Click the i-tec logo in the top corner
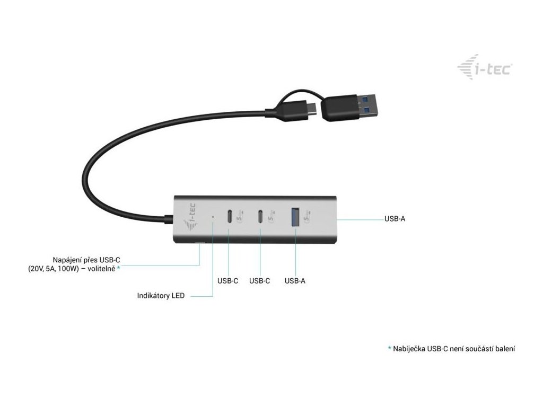[x=484, y=69]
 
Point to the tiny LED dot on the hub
[x=213, y=217]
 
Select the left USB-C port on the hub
[x=229, y=217]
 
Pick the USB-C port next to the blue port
[x=261, y=217]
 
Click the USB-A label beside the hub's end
[x=395, y=218]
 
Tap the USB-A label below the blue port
[x=295, y=281]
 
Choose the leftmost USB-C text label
[x=228, y=281]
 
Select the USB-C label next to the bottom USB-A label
[x=260, y=281]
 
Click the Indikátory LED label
[x=161, y=296]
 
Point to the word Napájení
[x=67, y=260]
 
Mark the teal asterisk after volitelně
[x=119, y=268]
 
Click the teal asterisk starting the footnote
[x=389, y=348]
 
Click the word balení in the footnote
[x=504, y=349]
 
